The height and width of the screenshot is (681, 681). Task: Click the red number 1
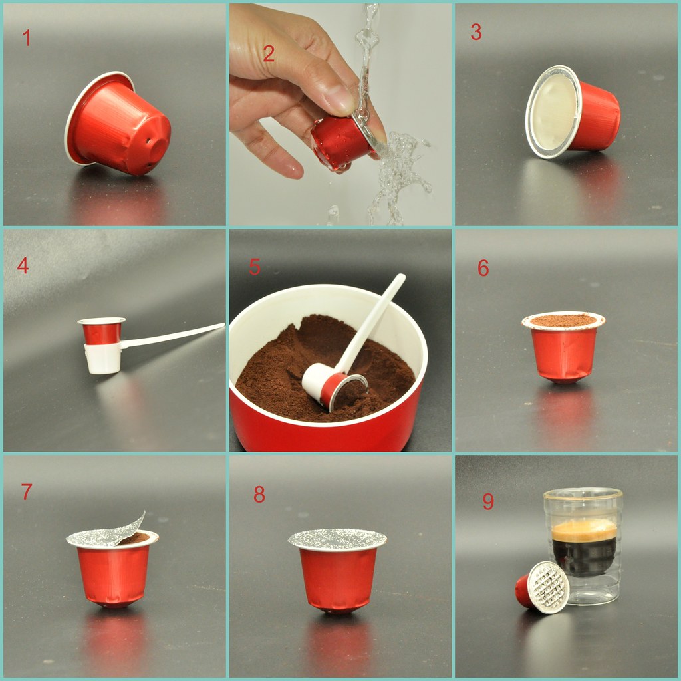click(x=27, y=38)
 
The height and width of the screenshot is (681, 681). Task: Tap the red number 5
click(x=255, y=267)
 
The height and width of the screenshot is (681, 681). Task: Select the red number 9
click(x=488, y=501)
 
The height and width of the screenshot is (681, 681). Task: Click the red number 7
click(x=27, y=492)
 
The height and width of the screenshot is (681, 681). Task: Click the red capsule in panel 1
click(x=120, y=126)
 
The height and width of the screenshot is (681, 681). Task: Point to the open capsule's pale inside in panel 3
click(x=552, y=111)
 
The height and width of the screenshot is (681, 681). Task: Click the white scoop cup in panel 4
click(x=103, y=358)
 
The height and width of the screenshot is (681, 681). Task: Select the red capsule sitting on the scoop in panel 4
click(x=101, y=331)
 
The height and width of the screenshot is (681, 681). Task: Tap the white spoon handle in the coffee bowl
click(x=376, y=319)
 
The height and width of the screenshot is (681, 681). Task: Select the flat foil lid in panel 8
click(x=337, y=539)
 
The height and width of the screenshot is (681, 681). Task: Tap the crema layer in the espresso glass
click(x=584, y=531)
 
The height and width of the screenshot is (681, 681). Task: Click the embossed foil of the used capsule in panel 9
click(x=550, y=587)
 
